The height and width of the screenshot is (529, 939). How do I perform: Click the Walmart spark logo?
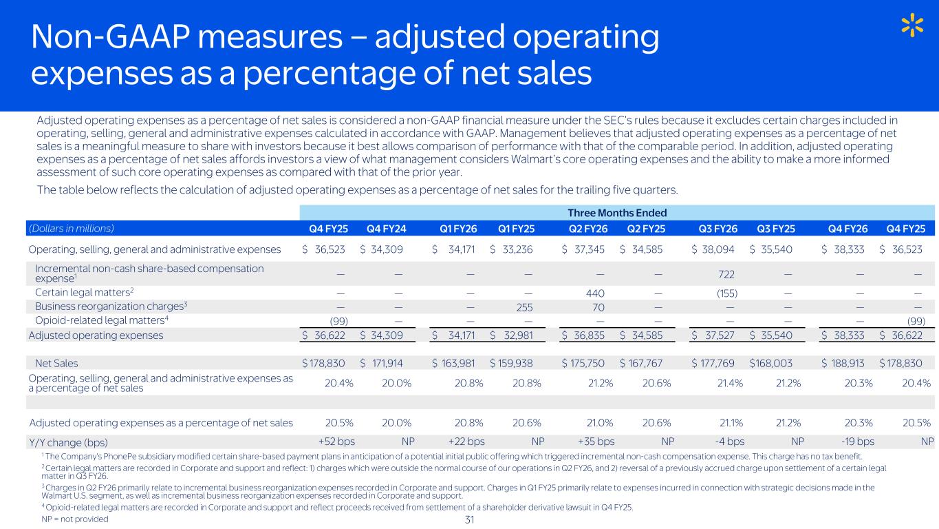click(x=912, y=26)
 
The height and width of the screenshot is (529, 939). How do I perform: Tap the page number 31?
click(x=471, y=519)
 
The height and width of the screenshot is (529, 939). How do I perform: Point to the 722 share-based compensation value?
click(x=726, y=273)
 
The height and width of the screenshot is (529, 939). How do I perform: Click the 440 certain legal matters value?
click(x=596, y=292)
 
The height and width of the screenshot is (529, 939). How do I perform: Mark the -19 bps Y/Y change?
click(x=855, y=442)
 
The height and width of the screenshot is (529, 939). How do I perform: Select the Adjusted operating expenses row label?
click(x=96, y=335)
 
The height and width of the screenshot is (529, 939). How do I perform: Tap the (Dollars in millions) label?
click(x=71, y=229)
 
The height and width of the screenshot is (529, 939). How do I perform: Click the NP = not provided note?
click(x=75, y=519)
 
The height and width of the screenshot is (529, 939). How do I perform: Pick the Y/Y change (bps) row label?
click(x=68, y=442)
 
